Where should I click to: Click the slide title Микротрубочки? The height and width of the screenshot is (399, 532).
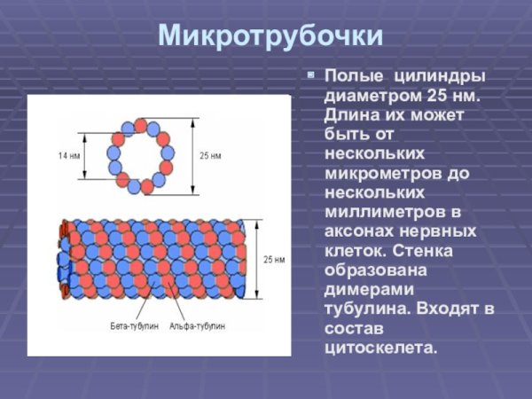point(270,35)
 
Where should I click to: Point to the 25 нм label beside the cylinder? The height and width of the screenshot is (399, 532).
point(274,259)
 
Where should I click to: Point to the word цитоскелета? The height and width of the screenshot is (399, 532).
point(381,348)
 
